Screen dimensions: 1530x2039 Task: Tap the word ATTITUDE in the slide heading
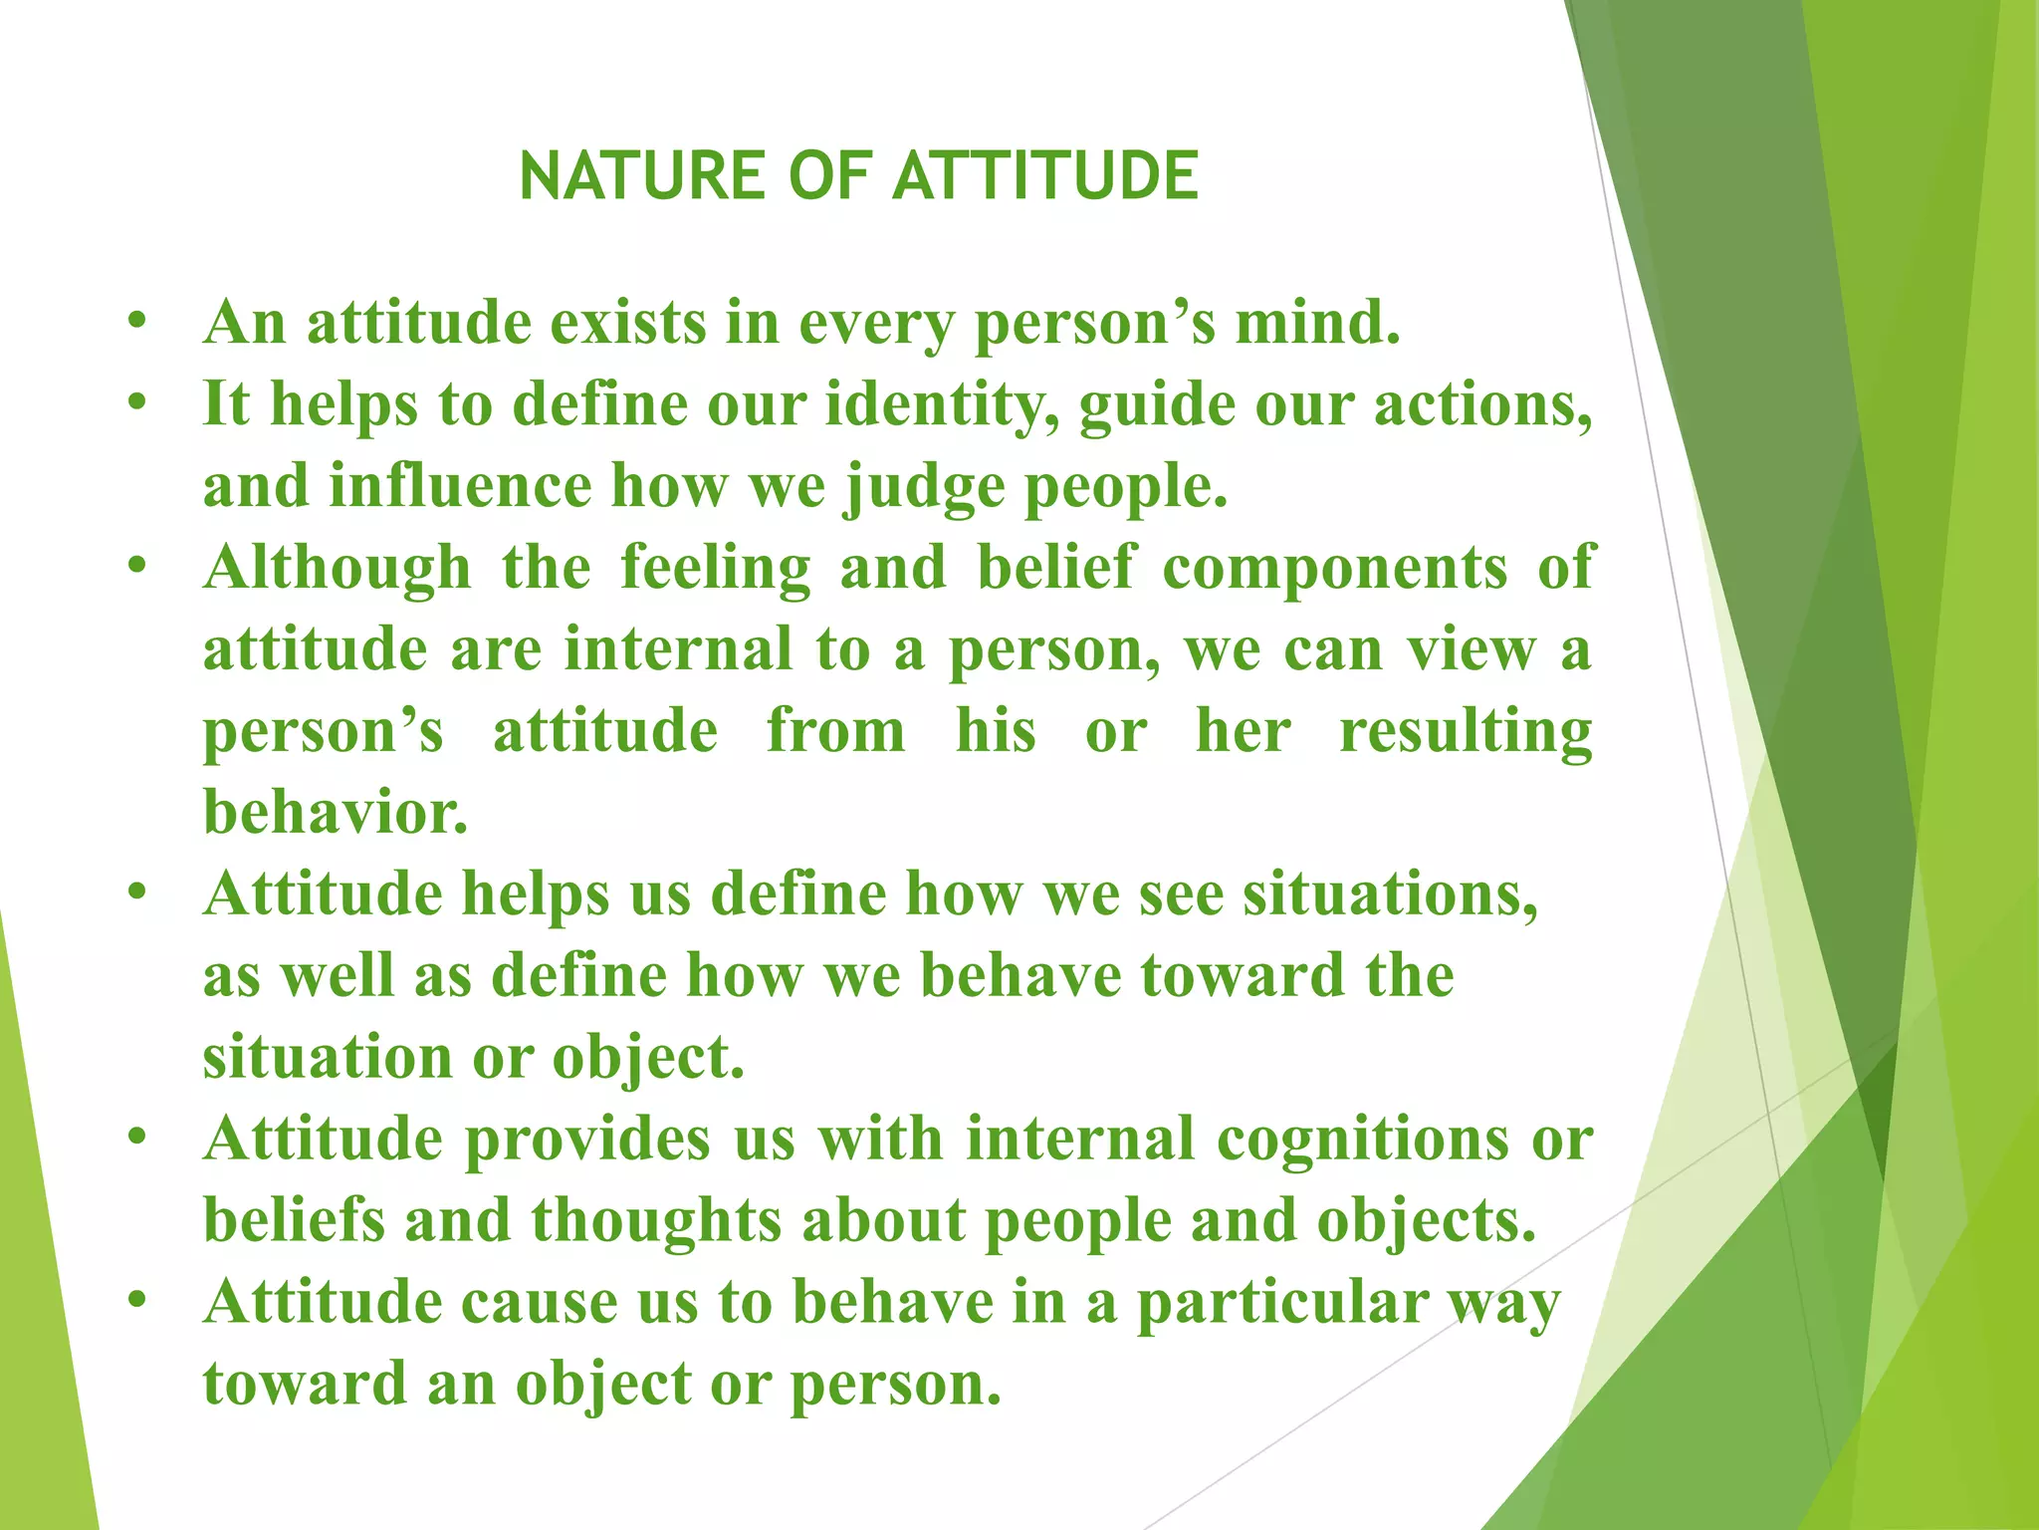(x=1044, y=176)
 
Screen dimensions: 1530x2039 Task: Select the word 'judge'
(x=925, y=488)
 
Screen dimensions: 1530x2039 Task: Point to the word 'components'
(x=1334, y=570)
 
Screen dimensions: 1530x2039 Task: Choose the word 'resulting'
(x=1465, y=733)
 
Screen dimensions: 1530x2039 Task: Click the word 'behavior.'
(x=336, y=812)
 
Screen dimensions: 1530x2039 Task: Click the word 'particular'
(x=1281, y=1303)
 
